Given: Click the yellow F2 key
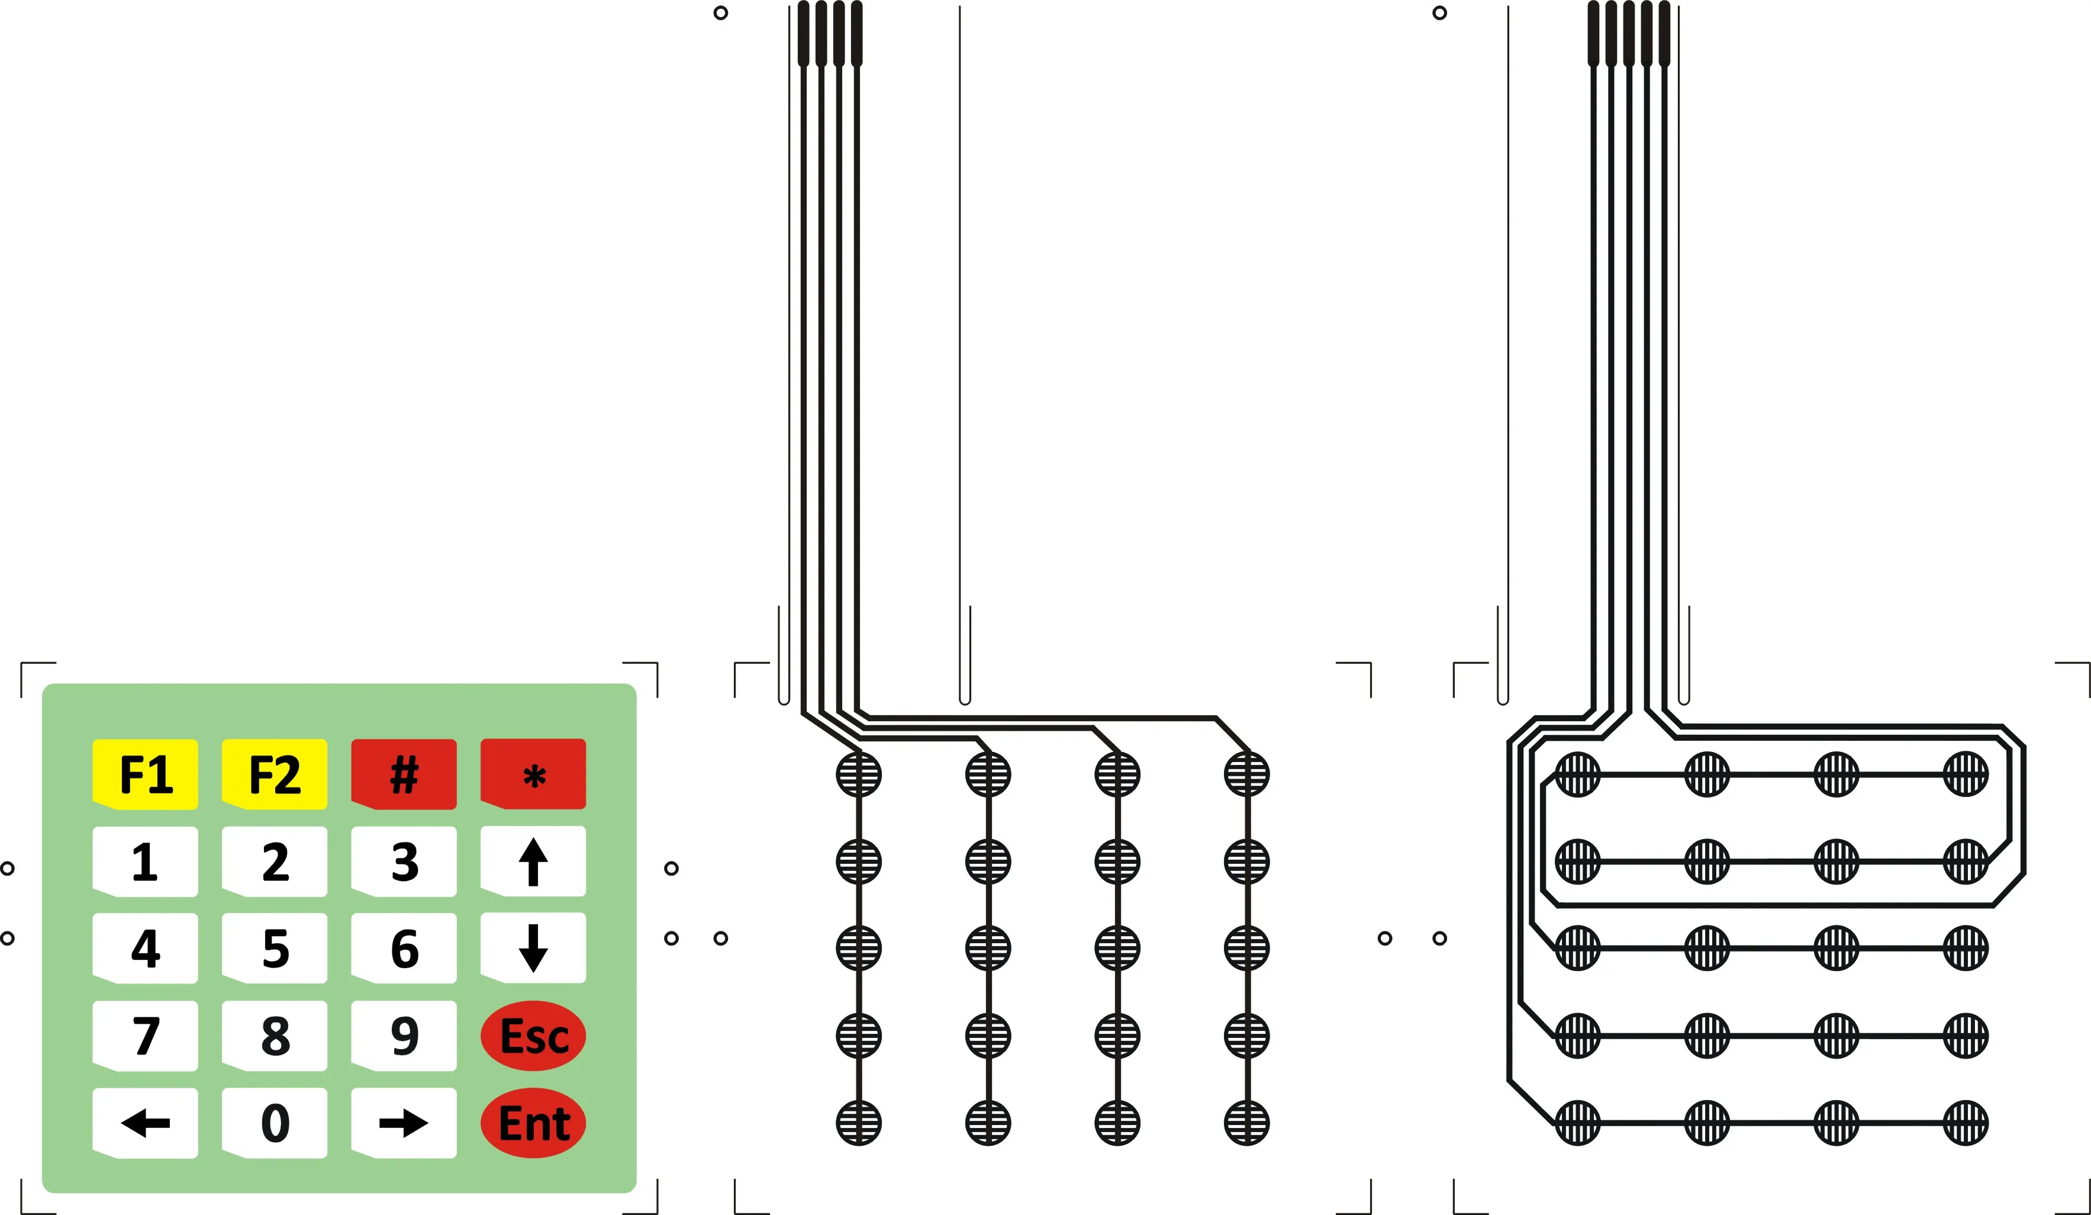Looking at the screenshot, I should pyautogui.click(x=274, y=774).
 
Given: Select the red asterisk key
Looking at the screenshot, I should pyautogui.click(x=533, y=774).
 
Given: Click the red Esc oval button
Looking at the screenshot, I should pyautogui.click(x=533, y=1036).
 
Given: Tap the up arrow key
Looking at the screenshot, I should pyautogui.click(x=533, y=862).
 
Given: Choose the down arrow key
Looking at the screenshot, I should pyautogui.click(x=533, y=948).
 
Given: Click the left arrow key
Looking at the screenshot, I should pyautogui.click(x=145, y=1123).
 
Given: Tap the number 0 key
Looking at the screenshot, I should pyautogui.click(x=274, y=1123).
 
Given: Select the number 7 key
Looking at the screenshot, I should pyautogui.click(x=145, y=1036).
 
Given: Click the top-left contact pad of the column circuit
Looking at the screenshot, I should pyautogui.click(x=859, y=774).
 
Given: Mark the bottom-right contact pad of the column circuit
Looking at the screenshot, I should pyautogui.click(x=1246, y=1123).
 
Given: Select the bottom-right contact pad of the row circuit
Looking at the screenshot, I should pyautogui.click(x=1966, y=1123).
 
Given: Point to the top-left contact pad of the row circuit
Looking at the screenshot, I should pyautogui.click(x=1577, y=774).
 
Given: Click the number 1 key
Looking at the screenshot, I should pyautogui.click(x=145, y=862).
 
